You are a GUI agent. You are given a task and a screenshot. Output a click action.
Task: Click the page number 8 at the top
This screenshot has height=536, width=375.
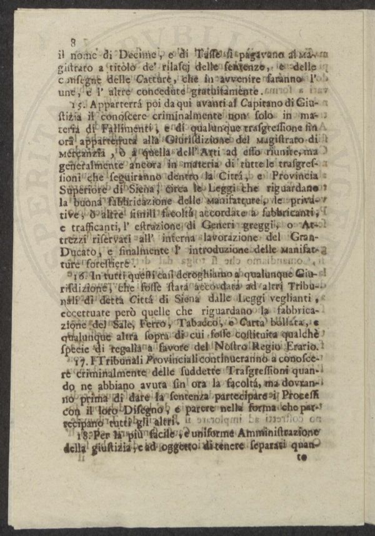73,42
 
